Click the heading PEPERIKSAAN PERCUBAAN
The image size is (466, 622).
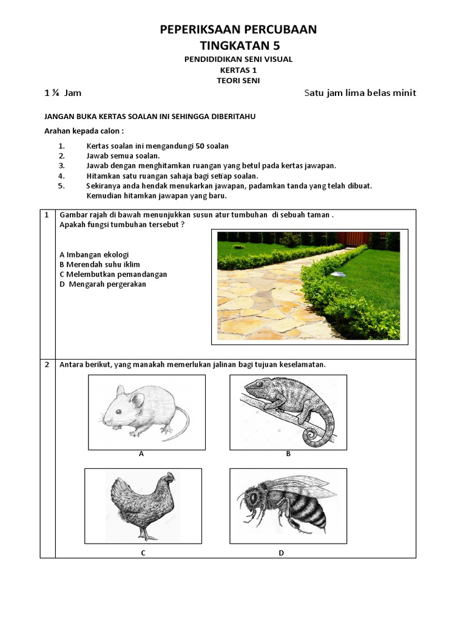tap(238, 29)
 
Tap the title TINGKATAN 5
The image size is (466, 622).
tap(240, 46)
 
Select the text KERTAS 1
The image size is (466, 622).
tap(238, 70)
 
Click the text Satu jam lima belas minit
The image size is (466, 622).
tap(360, 93)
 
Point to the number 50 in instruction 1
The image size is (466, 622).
tap(200, 146)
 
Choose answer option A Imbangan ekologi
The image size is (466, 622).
tap(94, 255)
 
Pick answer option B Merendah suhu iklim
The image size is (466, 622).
tap(100, 265)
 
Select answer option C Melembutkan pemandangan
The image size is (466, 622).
tap(113, 275)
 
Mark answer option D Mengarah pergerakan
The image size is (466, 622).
tap(103, 284)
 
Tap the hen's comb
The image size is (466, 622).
tap(171, 475)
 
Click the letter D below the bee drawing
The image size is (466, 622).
tap(282, 553)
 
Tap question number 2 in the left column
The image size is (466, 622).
tap(47, 364)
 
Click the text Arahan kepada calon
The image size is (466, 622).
tap(84, 131)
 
